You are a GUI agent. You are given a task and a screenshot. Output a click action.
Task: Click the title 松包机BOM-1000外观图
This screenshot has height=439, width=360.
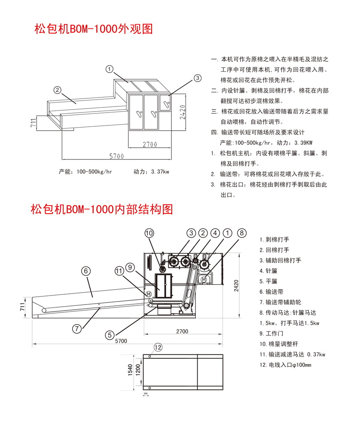pos(94,29)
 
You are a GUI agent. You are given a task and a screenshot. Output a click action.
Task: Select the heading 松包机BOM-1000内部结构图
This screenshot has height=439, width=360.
pos(102,209)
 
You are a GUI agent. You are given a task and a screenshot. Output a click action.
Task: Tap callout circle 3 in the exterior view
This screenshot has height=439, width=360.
pos(197,78)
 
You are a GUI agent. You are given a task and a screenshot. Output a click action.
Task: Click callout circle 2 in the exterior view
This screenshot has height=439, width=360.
pos(57,90)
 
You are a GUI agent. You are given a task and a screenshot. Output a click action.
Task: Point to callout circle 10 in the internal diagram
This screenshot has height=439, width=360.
pos(149,233)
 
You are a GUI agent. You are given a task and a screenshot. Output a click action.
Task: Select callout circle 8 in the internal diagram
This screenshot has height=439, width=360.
pos(242,233)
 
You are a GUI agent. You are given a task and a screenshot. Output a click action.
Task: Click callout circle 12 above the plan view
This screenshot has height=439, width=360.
pos(158,347)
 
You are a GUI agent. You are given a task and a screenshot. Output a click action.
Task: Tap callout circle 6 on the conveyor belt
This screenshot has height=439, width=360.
pos(86,271)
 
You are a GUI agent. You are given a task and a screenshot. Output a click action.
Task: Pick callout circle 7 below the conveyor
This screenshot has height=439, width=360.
pos(76,329)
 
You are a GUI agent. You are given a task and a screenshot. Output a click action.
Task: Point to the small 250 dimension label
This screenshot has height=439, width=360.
pos(146,393)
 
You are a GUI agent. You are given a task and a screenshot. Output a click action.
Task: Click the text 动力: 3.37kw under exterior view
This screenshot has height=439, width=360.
pos(151,172)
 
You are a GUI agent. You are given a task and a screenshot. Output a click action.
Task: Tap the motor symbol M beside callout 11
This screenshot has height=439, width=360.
pos(148,293)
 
